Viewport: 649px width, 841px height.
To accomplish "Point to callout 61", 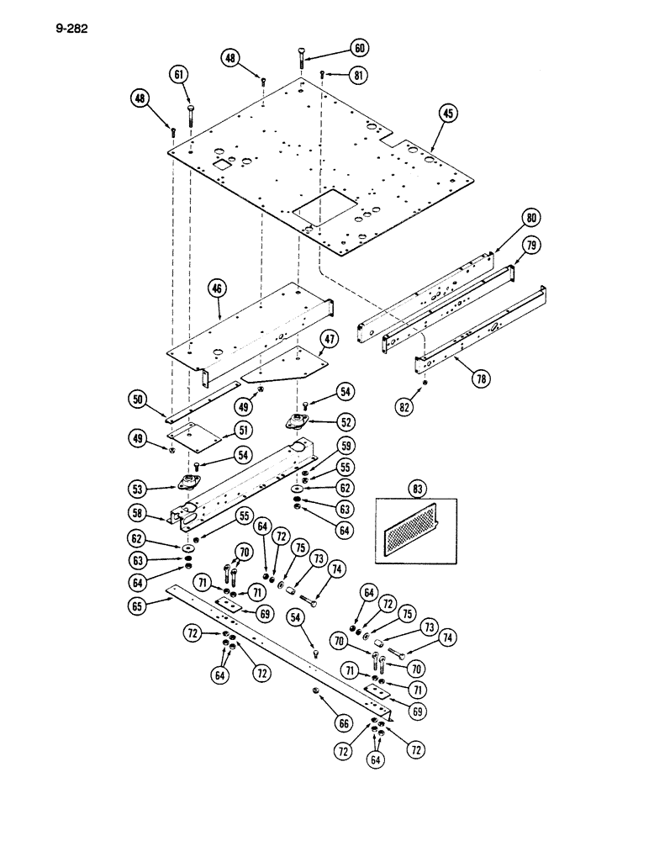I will tap(178, 74).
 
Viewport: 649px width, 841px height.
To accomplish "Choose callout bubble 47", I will tap(329, 340).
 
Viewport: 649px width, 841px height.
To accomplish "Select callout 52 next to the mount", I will tap(346, 421).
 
